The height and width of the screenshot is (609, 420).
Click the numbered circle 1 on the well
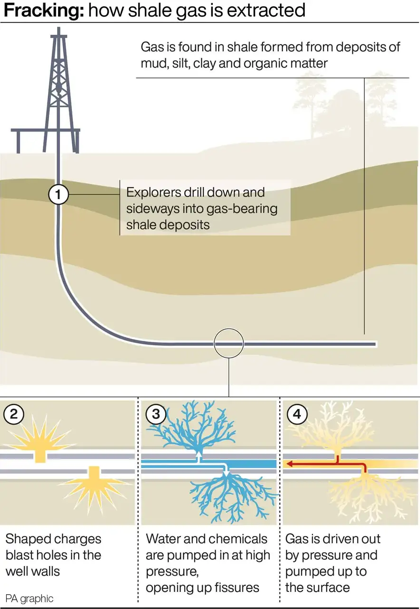(x=58, y=194)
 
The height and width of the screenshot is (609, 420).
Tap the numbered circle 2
(x=14, y=414)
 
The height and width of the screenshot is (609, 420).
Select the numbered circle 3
(x=156, y=414)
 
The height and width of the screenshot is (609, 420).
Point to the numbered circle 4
(x=297, y=414)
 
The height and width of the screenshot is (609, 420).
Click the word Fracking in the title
(x=44, y=11)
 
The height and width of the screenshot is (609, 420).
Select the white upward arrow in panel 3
(x=199, y=457)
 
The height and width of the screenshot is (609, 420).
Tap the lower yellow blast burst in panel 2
(x=95, y=489)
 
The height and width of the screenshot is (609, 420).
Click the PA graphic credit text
(x=30, y=599)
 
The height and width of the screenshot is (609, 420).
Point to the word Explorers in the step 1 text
(x=153, y=192)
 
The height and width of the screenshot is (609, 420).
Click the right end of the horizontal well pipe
(x=375, y=344)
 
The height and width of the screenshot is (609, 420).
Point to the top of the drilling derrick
(x=59, y=28)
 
